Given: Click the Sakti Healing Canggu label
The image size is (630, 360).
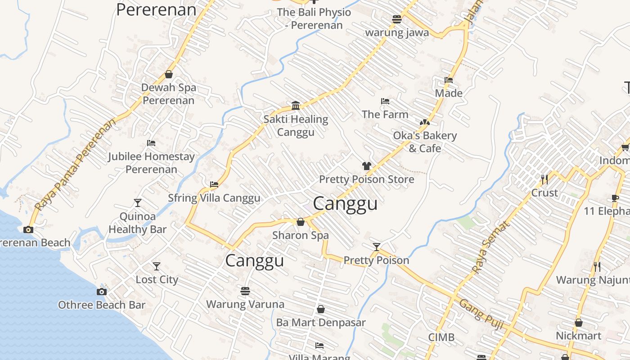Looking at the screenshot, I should pos(296,126).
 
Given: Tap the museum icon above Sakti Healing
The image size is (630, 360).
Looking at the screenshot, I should pos(296,105).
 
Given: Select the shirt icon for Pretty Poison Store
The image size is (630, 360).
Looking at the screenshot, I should pos(366,166).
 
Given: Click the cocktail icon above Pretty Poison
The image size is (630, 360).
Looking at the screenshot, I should pos(376,247).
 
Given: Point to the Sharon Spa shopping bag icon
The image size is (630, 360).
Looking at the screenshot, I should pos(300,222).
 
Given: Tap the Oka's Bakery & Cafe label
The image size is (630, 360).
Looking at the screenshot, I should pos(425,142).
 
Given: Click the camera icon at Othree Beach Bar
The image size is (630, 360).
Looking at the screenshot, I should pos(102,292).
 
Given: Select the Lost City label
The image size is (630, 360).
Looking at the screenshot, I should pos(157,279).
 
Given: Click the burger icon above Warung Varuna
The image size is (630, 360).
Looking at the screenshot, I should pos(245,291).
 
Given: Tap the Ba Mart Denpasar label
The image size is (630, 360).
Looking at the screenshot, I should pos(321,323).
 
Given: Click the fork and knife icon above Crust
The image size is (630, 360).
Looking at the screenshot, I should pos(544,180).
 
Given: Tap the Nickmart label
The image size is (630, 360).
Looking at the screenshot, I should pos(578,336).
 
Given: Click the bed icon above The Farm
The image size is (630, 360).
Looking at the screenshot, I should pos(385,101).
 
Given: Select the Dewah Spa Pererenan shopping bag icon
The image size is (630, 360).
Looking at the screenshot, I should pos(169,74).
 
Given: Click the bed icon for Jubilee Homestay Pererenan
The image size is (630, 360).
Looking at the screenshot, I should pos(151,143).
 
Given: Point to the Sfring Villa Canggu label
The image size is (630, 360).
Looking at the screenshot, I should pos(214,198).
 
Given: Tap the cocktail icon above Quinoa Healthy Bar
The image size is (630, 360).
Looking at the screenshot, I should pos(138,203).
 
